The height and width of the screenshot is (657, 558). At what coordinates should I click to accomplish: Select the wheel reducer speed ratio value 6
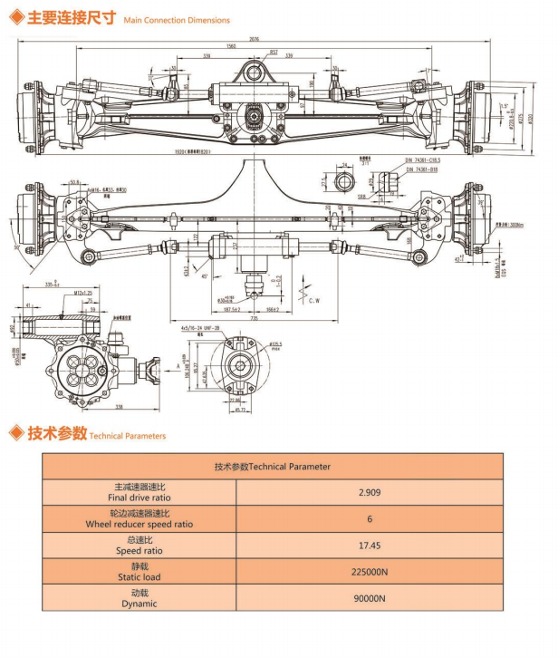[x=369, y=519]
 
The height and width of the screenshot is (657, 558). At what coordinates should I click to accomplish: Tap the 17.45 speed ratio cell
[x=369, y=546]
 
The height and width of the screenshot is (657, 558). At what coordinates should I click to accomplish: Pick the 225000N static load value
[x=369, y=572]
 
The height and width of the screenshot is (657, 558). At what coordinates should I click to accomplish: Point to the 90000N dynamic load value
[x=369, y=598]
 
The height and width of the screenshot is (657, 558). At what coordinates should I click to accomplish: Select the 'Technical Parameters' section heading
[x=127, y=436]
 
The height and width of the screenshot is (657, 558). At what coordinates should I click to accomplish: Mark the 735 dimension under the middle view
[x=255, y=320]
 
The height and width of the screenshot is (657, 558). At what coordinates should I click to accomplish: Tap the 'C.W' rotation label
[x=315, y=299]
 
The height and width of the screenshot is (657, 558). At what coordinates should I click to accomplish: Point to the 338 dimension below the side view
[x=93, y=407]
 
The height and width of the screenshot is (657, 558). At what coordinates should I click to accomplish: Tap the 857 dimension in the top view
[x=274, y=52]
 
